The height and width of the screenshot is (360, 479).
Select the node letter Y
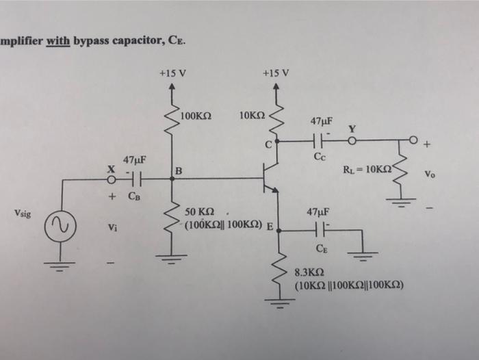352,129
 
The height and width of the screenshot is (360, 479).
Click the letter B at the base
179,170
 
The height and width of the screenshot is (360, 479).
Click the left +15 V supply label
172,73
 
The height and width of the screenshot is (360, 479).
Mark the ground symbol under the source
59,266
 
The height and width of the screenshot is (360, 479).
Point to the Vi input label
109,228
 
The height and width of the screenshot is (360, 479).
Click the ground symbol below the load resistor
402,201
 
